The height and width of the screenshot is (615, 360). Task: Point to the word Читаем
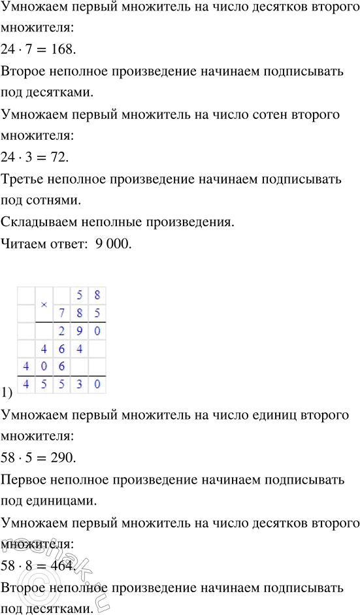(24, 245)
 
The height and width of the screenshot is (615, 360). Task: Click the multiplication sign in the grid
(44, 305)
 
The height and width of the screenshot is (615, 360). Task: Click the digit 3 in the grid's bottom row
(80, 385)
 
